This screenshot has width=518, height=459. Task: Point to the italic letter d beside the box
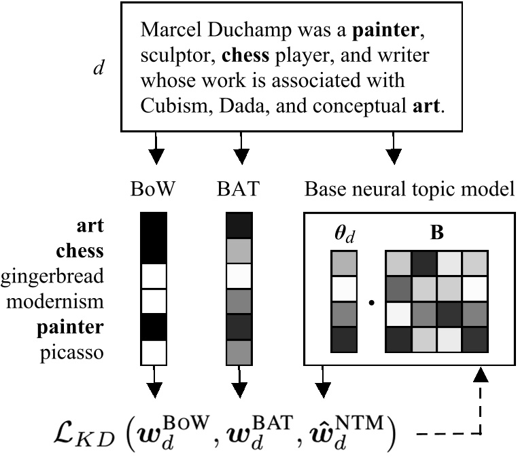[x=99, y=69]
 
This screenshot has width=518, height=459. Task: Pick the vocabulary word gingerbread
[x=52, y=276]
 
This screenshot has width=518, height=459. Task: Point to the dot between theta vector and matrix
[x=370, y=301]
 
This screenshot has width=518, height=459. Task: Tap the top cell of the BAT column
[x=239, y=225]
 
